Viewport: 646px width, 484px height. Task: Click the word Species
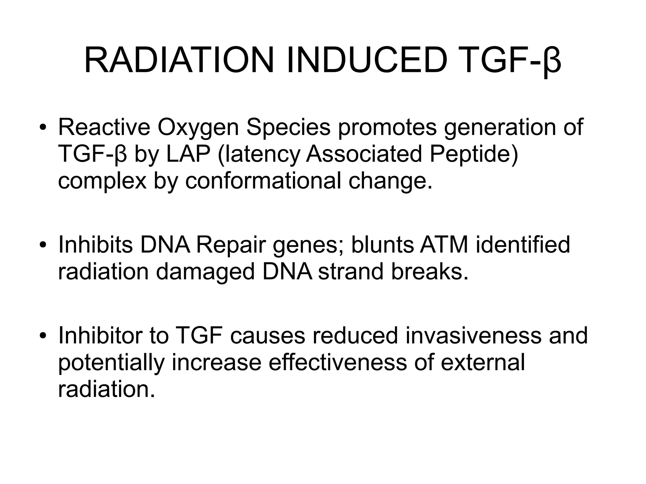(288, 128)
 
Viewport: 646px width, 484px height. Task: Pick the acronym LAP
(188, 154)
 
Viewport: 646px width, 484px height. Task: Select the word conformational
(263, 181)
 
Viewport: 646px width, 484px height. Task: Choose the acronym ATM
(443, 245)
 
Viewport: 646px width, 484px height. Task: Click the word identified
(523, 245)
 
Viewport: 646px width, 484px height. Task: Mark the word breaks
(430, 272)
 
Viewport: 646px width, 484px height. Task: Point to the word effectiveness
(338, 362)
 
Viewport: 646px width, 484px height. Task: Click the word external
(483, 362)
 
